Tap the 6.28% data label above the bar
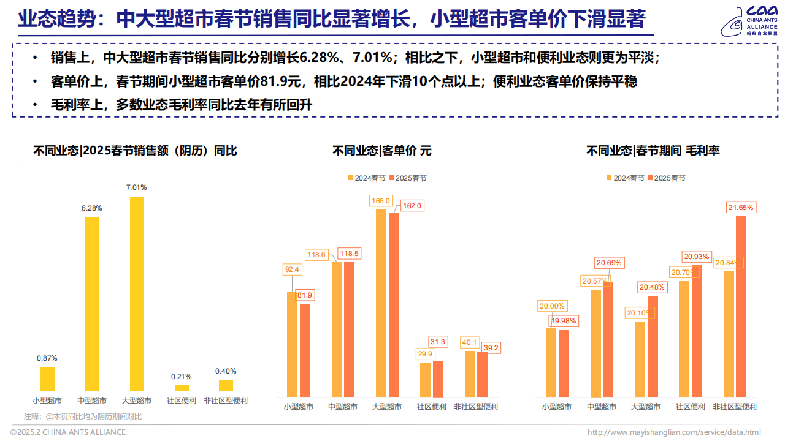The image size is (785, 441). pos(91,208)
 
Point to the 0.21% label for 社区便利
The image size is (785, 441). pos(182,377)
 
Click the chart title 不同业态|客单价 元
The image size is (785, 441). pos(381,151)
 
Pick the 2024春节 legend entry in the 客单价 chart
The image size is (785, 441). pos(366,178)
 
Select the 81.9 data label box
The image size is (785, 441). pos(305,295)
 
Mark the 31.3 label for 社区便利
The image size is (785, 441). pos(438,342)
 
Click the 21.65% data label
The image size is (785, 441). pos(741,208)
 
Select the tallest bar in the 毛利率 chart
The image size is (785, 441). pos(741,306)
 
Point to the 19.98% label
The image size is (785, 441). pos(564,321)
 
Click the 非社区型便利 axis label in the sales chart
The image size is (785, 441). pos(225,401)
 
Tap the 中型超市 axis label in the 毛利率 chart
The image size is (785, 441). pos(601,407)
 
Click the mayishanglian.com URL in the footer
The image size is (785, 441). pos(674,432)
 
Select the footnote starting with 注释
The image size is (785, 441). pos(83,417)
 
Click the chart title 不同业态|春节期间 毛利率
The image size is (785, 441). pos(653,151)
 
